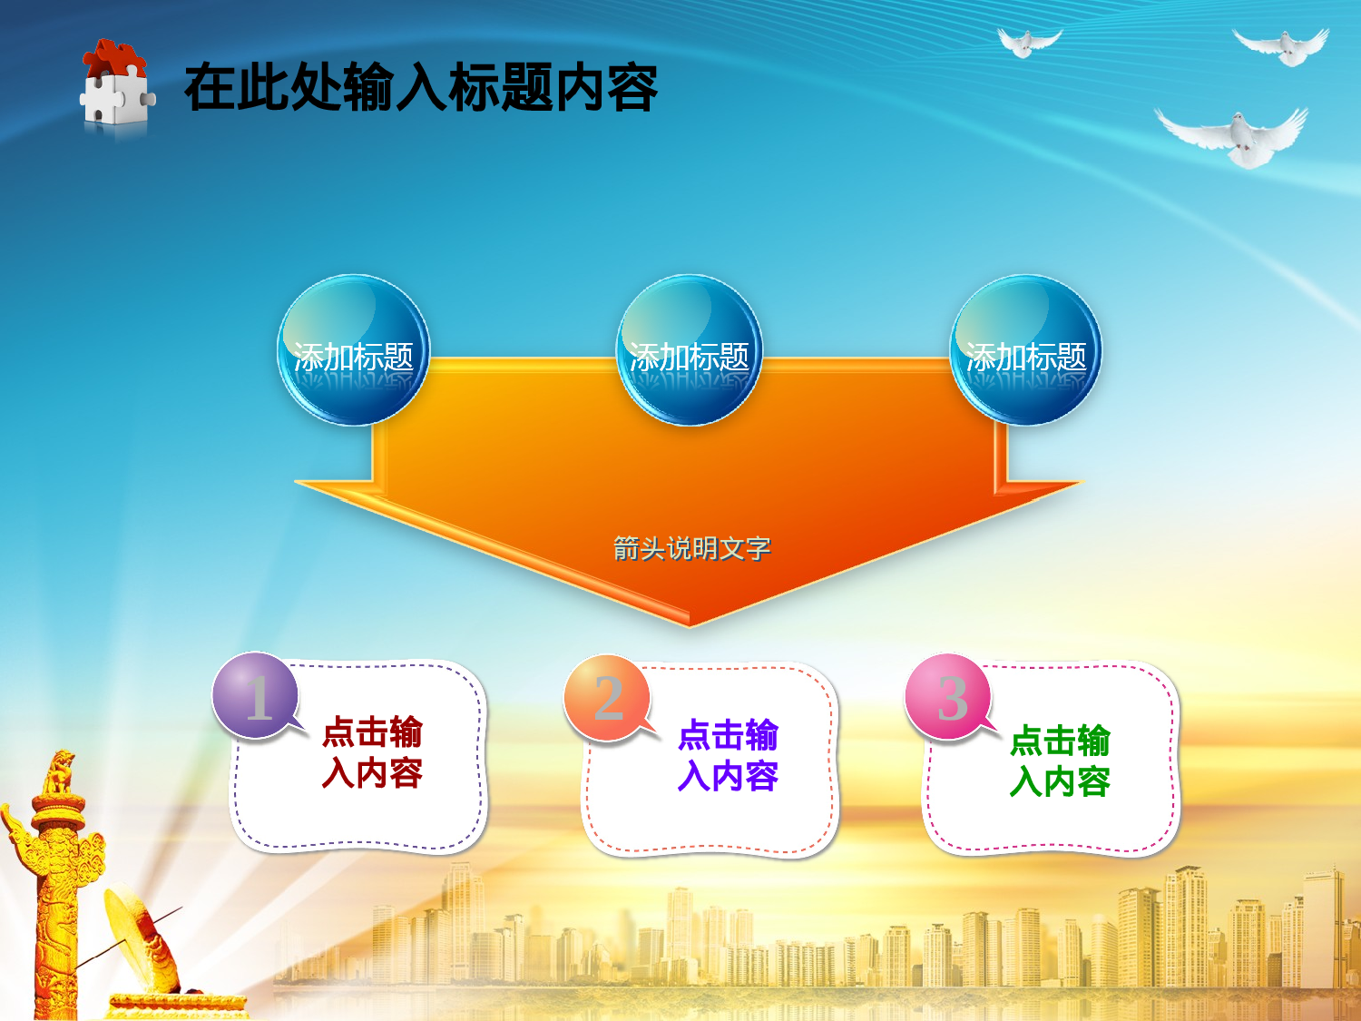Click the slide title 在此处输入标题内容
coord(420,88)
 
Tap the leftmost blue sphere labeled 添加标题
coord(353,350)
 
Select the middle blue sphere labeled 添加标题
coord(690,350)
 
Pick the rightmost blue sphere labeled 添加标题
coord(1025,350)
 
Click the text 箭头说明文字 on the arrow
coord(691,548)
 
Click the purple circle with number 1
coord(256,696)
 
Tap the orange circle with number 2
coord(607,697)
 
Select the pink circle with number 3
coord(949,697)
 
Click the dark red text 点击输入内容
coord(372,752)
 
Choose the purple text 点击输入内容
coord(728,755)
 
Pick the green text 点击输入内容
coord(1060,761)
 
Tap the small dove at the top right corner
coord(1283,47)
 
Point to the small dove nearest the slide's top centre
coord(1027,42)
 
